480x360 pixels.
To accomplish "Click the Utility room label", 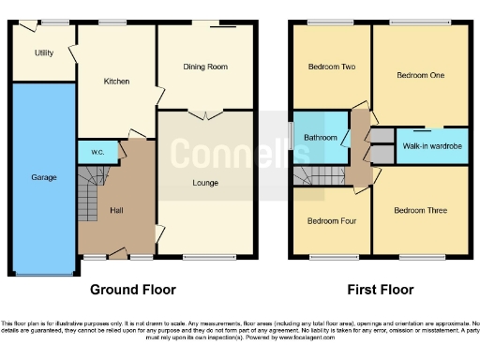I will pyautogui.click(x=43, y=53).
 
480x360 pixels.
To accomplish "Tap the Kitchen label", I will pyautogui.click(x=116, y=82).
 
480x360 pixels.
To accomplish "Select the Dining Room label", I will pyautogui.click(x=204, y=67).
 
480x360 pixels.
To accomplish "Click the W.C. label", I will pyautogui.click(x=97, y=151).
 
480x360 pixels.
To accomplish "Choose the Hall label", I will pyautogui.click(x=116, y=210).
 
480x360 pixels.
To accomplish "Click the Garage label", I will pyautogui.click(x=43, y=177).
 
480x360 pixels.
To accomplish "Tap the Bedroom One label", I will pyautogui.click(x=420, y=75).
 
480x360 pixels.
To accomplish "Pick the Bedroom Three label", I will pyautogui.click(x=418, y=211).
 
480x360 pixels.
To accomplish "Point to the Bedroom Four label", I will pyautogui.click(x=331, y=221).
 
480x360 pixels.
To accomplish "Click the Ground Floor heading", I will pyautogui.click(x=132, y=290).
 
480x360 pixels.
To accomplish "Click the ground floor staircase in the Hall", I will pyautogui.click(x=88, y=192).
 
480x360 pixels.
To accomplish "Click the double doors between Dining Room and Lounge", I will pyautogui.click(x=204, y=114).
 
